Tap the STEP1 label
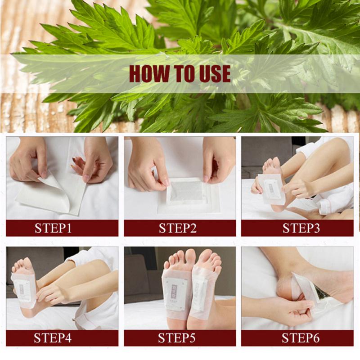tap(53, 228)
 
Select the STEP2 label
tap(178, 228)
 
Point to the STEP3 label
tap(301, 228)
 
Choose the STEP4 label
tap(53, 338)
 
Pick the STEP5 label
tap(177, 338)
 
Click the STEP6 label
tap(301, 338)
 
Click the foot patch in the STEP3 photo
tap(271, 189)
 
